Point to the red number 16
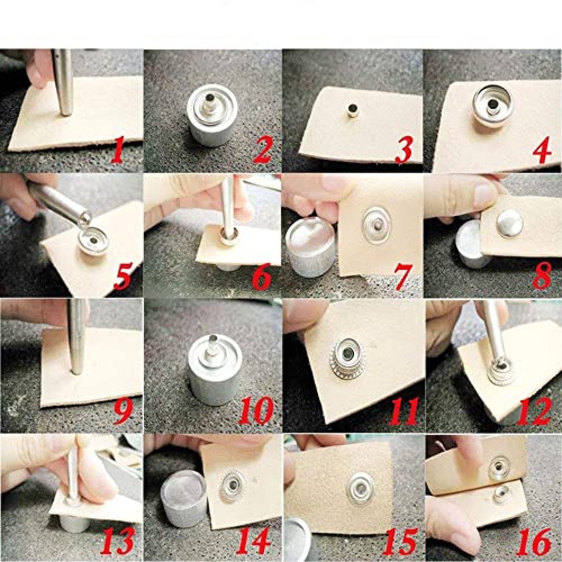tap(533, 542)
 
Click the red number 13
tap(117, 542)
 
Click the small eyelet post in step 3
tap(352, 109)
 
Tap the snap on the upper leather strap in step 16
tap(499, 467)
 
